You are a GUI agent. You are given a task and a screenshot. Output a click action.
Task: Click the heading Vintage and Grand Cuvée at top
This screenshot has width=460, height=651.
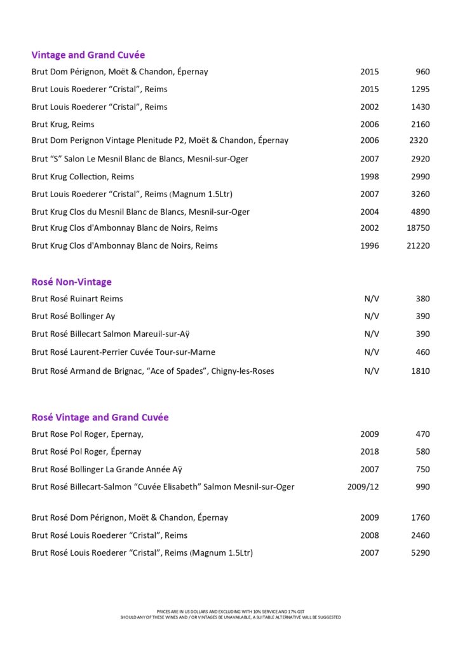(x=88, y=55)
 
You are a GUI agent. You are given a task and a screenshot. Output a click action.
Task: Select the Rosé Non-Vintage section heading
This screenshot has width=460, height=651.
(x=72, y=282)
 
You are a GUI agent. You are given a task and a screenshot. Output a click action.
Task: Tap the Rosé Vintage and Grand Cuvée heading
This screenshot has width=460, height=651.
(x=100, y=417)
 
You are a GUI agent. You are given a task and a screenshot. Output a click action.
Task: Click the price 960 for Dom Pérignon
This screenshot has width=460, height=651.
(x=423, y=72)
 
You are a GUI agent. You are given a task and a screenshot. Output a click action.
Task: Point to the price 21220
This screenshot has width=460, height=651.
(x=418, y=245)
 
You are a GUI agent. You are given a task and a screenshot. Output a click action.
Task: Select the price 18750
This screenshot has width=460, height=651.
(x=418, y=228)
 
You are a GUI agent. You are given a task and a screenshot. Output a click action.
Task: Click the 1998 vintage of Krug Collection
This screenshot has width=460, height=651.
(x=369, y=176)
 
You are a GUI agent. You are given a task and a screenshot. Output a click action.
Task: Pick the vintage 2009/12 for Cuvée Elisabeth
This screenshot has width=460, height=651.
(x=363, y=487)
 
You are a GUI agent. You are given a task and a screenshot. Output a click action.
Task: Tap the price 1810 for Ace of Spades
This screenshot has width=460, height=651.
(x=420, y=371)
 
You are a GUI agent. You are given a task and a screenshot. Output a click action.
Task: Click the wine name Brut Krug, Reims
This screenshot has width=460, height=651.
(x=63, y=124)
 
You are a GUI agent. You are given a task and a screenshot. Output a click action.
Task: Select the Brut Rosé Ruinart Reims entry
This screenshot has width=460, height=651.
(x=78, y=298)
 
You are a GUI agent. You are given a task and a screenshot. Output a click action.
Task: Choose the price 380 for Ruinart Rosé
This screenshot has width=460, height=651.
(x=423, y=298)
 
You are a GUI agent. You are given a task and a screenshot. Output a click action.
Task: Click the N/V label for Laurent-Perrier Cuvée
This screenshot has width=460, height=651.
(x=372, y=352)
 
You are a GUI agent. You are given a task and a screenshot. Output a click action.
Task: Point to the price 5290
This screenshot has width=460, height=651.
(x=420, y=552)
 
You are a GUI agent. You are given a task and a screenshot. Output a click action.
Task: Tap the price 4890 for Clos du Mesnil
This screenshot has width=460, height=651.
(x=420, y=212)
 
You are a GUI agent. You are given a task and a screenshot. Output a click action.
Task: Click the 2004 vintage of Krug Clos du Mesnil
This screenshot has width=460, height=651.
(x=369, y=212)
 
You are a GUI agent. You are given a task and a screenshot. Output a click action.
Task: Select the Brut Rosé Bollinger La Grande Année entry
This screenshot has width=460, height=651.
(x=107, y=469)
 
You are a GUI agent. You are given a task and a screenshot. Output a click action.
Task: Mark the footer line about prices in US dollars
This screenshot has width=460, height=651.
(x=230, y=612)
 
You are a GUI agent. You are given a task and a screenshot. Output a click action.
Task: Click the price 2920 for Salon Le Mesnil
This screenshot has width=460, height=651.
(x=420, y=158)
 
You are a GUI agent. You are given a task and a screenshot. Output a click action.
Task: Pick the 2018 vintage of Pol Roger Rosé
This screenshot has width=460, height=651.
(x=369, y=451)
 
